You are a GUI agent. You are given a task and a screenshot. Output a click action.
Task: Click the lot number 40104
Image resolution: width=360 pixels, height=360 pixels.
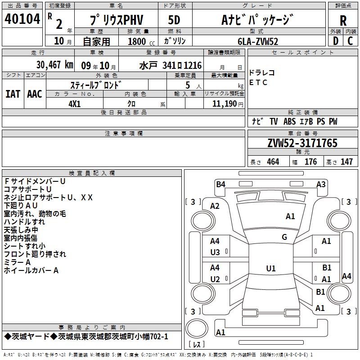tap(22, 19)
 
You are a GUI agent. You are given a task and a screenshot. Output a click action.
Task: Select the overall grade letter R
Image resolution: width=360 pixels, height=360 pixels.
tap(343, 21)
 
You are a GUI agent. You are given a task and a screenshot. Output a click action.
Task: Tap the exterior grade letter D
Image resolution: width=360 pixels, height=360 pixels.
tap(336, 41)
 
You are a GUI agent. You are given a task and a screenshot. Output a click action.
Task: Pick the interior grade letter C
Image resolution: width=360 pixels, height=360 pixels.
tap(350, 41)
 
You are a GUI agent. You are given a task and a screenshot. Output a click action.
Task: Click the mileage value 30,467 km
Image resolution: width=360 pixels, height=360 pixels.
tap(55, 65)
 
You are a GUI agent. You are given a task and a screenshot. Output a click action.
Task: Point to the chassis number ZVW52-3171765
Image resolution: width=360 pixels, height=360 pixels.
tap(302, 143)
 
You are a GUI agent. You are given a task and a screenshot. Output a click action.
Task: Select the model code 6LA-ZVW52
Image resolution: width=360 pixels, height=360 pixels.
tap(258, 41)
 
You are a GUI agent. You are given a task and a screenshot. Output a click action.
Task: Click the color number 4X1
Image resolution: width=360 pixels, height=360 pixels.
tap(75, 104)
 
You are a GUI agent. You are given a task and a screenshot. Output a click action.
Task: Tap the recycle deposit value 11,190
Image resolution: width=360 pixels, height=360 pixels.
tap(224, 104)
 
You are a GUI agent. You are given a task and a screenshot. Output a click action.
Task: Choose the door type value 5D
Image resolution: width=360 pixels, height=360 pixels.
tap(174, 20)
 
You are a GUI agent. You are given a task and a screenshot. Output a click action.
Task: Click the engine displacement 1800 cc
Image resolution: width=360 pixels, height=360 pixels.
tap(141, 41)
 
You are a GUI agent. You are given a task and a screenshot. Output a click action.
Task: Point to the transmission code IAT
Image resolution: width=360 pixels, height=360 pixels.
tap(13, 94)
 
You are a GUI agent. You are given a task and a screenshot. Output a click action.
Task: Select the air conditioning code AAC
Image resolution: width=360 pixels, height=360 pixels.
tap(35, 94)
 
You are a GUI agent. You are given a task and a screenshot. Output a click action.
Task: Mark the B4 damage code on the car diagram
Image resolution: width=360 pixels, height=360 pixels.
tap(220, 184)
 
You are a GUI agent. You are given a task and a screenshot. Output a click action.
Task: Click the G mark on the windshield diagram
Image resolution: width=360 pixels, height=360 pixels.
tap(284, 237)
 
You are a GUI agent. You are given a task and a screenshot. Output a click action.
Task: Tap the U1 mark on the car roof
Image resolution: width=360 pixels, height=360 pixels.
tap(271, 268)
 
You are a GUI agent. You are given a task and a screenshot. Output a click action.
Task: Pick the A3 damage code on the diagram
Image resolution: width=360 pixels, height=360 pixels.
tap(321, 184)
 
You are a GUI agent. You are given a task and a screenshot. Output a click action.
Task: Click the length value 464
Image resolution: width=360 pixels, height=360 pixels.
tap(273, 162)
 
